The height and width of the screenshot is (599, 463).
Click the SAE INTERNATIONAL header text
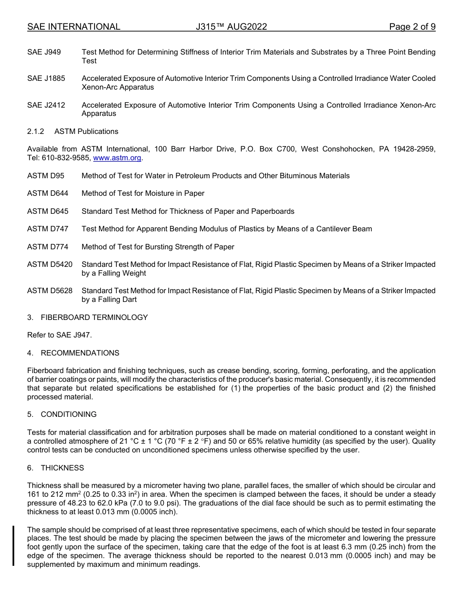click(74, 27)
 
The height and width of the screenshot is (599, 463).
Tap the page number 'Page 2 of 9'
click(412, 27)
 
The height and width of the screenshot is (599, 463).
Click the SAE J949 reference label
click(44, 52)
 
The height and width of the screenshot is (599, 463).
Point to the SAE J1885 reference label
click(46, 78)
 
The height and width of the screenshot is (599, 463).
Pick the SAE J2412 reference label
click(46, 105)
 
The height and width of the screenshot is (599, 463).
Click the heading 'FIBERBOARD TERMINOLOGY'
click(94, 318)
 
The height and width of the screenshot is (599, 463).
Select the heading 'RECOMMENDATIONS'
click(80, 353)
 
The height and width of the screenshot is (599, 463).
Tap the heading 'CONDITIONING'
click(69, 414)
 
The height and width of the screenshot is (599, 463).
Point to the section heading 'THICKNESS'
click(62, 468)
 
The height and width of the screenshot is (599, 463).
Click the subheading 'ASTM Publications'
click(86, 131)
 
